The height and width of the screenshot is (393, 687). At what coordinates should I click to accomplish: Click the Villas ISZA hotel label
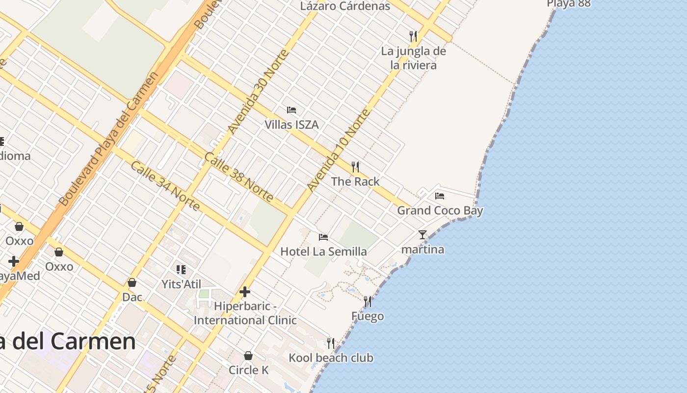click(x=291, y=125)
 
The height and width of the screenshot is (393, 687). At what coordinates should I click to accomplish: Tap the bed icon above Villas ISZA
click(x=291, y=110)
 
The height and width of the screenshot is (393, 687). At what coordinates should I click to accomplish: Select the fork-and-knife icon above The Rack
click(x=355, y=167)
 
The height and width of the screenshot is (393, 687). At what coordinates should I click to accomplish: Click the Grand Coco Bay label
click(x=440, y=211)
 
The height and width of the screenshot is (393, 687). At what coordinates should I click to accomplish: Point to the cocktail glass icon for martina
click(x=423, y=235)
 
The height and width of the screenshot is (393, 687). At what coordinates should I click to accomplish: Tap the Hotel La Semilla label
click(x=323, y=252)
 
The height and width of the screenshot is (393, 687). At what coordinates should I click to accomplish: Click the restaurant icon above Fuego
click(x=368, y=301)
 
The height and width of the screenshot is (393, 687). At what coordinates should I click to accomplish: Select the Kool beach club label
click(x=331, y=358)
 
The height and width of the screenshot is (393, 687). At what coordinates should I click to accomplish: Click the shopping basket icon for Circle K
click(x=248, y=356)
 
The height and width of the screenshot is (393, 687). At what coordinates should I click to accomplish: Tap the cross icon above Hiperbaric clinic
click(x=244, y=292)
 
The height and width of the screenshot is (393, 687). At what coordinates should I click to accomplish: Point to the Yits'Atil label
click(x=182, y=284)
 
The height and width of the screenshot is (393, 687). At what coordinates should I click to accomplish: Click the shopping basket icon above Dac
click(x=132, y=282)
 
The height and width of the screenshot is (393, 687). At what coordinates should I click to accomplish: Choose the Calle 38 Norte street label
click(x=238, y=177)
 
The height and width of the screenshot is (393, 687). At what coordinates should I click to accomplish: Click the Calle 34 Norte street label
click(x=165, y=186)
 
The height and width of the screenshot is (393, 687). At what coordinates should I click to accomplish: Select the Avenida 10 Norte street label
click(x=338, y=150)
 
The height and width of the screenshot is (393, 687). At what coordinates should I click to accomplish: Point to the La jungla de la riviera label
click(x=413, y=58)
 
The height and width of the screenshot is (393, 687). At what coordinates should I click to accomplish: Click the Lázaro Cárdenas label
click(x=345, y=6)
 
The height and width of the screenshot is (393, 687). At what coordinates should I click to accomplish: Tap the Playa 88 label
click(x=568, y=4)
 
